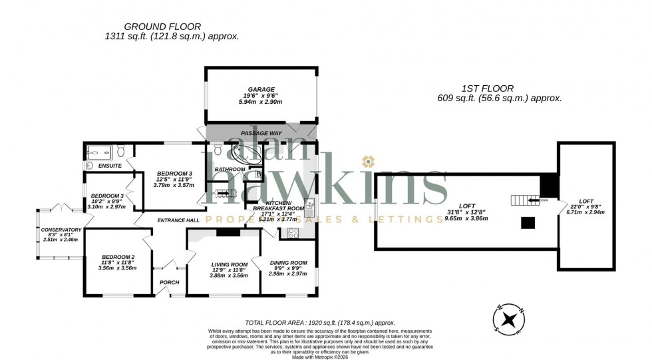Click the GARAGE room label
(261, 89)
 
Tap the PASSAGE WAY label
(261, 133)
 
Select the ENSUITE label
(110, 165)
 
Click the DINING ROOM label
(287, 262)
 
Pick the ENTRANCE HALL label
(178, 220)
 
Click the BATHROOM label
(230, 169)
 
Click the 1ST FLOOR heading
(487, 88)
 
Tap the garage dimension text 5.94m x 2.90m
(261, 102)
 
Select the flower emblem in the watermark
(367, 162)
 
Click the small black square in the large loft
(528, 223)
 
